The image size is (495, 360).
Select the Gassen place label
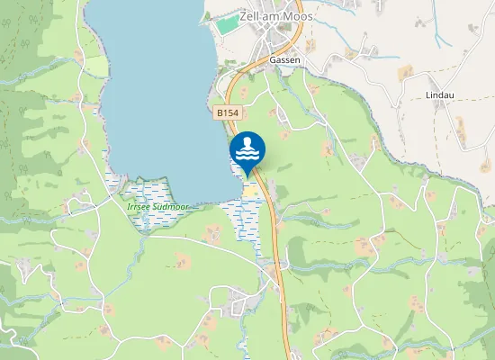tap(284, 60)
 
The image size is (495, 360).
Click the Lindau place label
tap(443, 94)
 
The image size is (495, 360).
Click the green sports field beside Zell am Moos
tap(229, 24)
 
